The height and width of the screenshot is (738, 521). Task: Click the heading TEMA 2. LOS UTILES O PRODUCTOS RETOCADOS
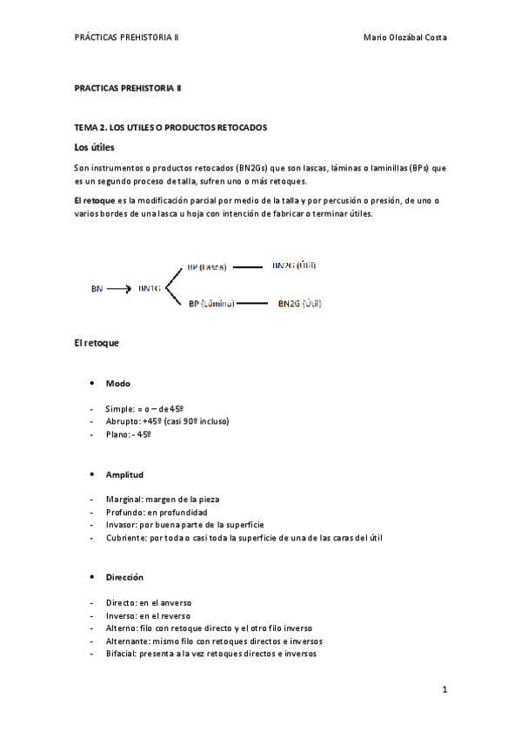170,127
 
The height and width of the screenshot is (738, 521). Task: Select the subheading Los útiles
94,147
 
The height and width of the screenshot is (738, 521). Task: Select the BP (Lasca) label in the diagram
207,267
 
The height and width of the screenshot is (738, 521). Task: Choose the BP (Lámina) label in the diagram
209,304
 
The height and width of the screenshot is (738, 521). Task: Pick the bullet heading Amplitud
124,475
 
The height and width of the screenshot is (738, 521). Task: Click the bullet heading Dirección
125,577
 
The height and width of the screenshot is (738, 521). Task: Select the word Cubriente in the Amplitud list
125,538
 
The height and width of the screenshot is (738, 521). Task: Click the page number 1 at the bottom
444,690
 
